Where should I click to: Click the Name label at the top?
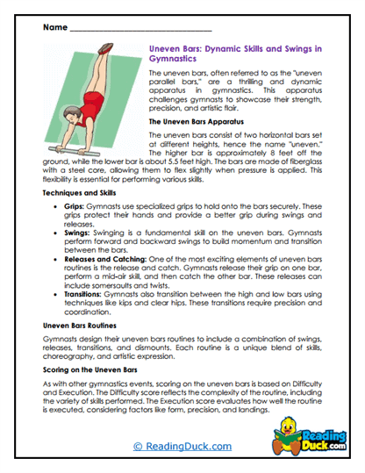pos(52,29)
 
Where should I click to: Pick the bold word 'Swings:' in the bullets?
pos(79,234)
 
